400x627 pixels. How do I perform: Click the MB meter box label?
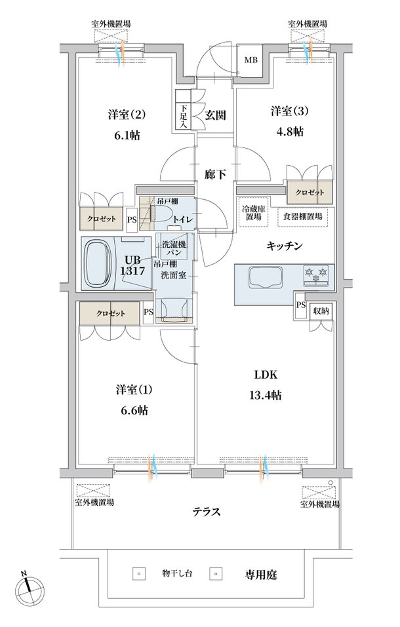click(251, 60)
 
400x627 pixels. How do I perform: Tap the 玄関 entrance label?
click(216, 115)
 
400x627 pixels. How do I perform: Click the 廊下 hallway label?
click(216, 175)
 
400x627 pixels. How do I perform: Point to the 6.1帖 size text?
click(127, 136)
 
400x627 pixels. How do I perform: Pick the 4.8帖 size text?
click(290, 132)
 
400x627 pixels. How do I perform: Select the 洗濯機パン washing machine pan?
click(173, 248)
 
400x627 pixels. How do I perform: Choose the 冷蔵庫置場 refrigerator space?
click(251, 212)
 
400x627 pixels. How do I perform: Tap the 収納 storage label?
click(321, 311)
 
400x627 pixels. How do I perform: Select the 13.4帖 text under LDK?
click(265, 396)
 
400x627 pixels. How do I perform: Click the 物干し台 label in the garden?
click(177, 573)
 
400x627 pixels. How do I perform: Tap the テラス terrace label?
click(207, 512)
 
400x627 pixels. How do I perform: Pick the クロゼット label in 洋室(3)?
click(310, 193)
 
